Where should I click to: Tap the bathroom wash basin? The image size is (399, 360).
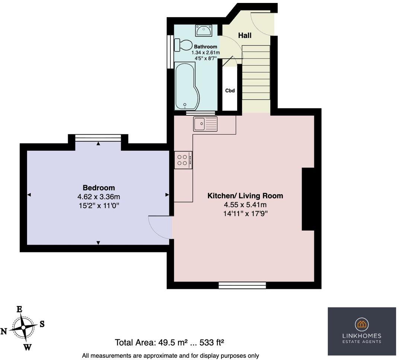pyautogui.click(x=204, y=30)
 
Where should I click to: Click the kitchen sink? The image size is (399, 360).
pyautogui.click(x=205, y=123)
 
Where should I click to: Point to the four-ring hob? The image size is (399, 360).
pyautogui.click(x=183, y=160)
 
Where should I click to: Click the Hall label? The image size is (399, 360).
pyautogui.click(x=245, y=36)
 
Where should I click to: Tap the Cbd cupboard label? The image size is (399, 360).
pyautogui.click(x=230, y=90)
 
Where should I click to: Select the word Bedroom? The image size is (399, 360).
pyautogui.click(x=99, y=188)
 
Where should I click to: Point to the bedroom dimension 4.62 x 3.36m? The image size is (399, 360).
pyautogui.click(x=99, y=196)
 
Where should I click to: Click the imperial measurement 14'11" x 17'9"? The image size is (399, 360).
pyautogui.click(x=245, y=213)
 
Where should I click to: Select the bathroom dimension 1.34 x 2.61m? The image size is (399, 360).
pyautogui.click(x=205, y=52)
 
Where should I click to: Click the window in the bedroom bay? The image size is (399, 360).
pyautogui.click(x=98, y=138)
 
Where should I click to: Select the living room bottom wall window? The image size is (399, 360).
pyautogui.click(x=242, y=285)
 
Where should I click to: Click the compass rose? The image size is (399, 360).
pyautogui.click(x=23, y=328)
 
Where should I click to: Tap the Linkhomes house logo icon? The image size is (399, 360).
pyautogui.click(x=361, y=324)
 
